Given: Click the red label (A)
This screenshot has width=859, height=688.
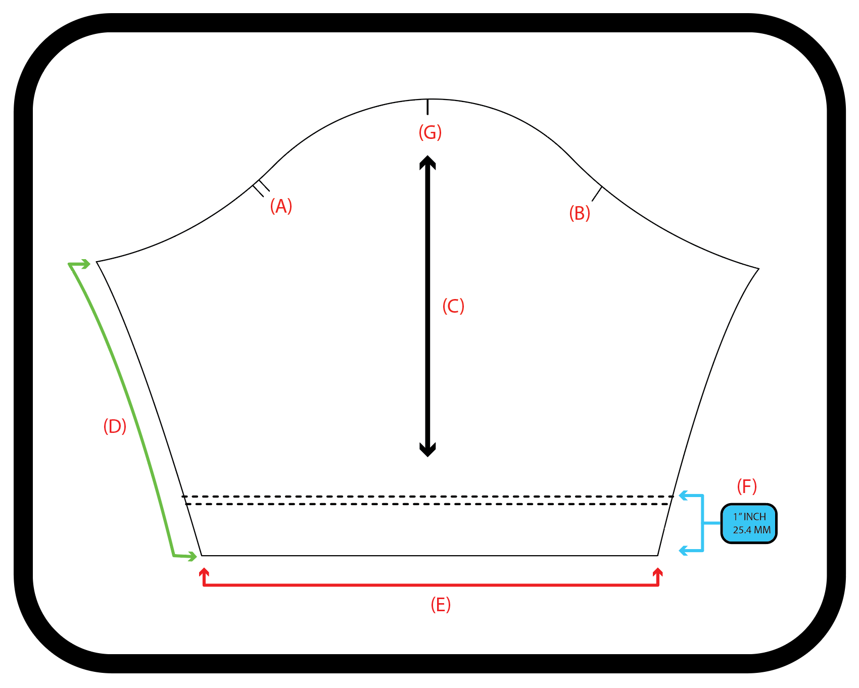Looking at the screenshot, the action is (x=281, y=206).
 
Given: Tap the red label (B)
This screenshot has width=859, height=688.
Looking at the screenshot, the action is (x=580, y=213).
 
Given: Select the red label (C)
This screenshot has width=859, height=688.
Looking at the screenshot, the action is (x=453, y=306).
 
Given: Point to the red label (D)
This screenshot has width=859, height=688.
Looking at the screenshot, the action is (x=115, y=426).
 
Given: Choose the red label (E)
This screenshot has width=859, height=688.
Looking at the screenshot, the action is (x=441, y=604).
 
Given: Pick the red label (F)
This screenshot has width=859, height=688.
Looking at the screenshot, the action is (x=747, y=486).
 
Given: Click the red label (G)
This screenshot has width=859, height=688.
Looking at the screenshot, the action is (x=430, y=132).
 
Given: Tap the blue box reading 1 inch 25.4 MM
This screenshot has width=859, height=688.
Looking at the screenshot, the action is (x=749, y=523).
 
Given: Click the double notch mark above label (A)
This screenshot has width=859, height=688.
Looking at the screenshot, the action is (x=261, y=187).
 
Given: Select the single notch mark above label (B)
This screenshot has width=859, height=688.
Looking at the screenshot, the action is (x=597, y=193).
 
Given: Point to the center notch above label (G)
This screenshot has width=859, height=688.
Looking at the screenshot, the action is (x=427, y=107).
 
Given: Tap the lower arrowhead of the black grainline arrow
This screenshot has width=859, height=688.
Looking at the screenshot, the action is (x=427, y=450).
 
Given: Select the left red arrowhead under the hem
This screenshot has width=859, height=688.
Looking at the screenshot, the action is (x=204, y=573).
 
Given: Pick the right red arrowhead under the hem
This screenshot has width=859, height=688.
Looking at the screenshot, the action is (x=658, y=573).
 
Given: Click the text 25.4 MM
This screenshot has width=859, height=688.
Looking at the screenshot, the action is (x=752, y=530).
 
